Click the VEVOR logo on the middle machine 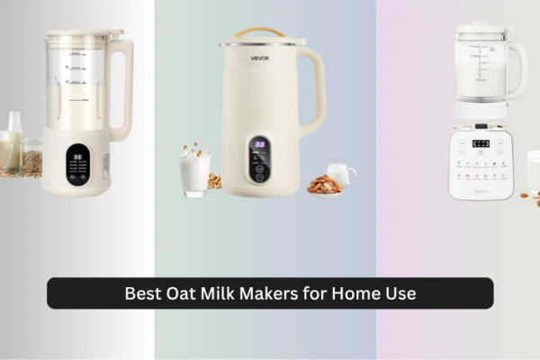point(259,58)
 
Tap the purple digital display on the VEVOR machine point(259,144)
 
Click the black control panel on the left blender point(77,161)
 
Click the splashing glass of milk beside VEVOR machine point(194,171)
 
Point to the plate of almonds point(324,185)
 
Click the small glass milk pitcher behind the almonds point(340,173)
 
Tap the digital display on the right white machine point(481,143)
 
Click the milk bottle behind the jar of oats point(13,135)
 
